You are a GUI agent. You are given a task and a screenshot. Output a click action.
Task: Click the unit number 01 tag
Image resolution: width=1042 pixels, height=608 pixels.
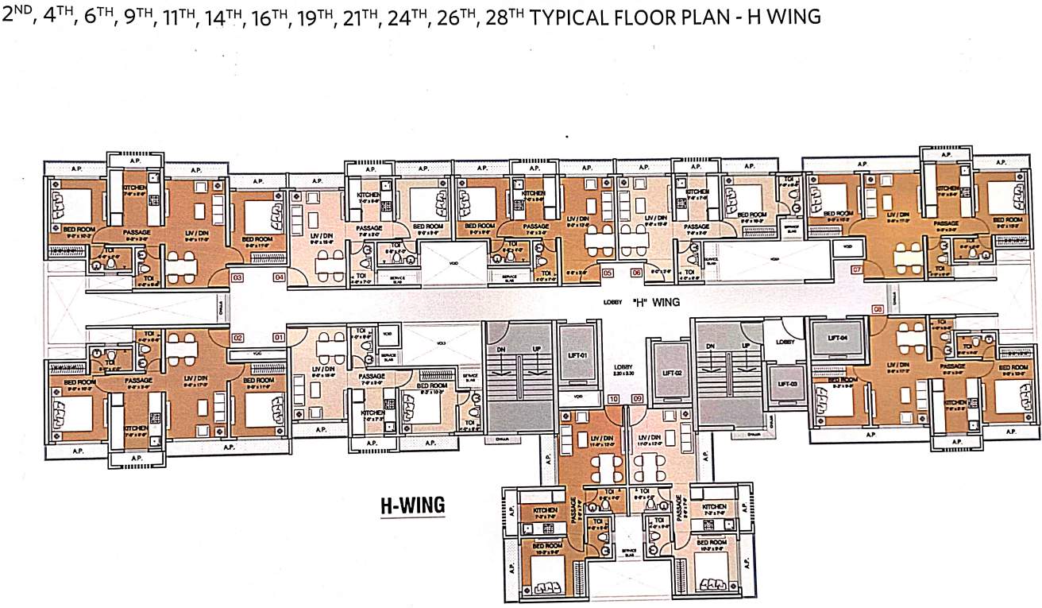click(x=279, y=338)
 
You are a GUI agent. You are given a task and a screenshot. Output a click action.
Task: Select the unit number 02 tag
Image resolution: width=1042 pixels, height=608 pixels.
click(x=237, y=338)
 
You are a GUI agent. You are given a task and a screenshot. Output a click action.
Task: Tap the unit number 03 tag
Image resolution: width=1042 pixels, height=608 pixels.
click(x=237, y=277)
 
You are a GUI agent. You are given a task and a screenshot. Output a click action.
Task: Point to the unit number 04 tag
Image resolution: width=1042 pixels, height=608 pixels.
click(x=279, y=277)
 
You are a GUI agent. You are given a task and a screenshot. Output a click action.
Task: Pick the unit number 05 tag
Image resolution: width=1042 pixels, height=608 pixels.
click(x=608, y=273)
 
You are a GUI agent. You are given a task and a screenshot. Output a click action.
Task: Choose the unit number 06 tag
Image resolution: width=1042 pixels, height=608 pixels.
click(x=636, y=273)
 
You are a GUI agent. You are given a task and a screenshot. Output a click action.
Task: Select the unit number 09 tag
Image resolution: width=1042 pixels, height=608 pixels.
click(x=636, y=398)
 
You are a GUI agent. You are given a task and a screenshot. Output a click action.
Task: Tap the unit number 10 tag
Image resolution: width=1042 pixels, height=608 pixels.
click(x=612, y=398)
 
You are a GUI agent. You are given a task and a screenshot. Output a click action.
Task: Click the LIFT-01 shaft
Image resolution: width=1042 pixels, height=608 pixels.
click(x=577, y=354)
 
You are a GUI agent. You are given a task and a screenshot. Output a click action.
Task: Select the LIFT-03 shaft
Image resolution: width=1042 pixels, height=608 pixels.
click(x=787, y=384)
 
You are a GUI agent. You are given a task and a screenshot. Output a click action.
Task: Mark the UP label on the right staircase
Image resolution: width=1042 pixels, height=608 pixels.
click(x=746, y=346)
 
